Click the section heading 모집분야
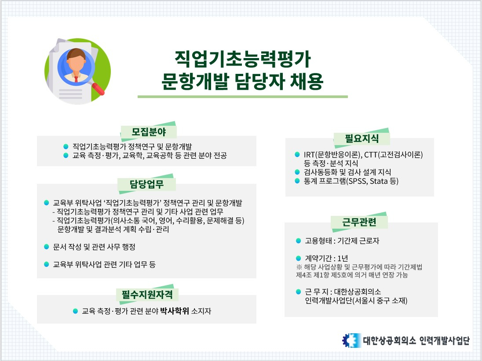(x=149, y=132)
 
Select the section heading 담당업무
(x=146, y=184)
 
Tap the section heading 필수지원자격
(x=147, y=294)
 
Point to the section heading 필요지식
(x=362, y=138)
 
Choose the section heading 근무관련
(x=359, y=222)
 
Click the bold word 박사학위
(x=175, y=311)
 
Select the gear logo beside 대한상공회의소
(x=351, y=340)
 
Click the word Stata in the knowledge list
(x=379, y=181)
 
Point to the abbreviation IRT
(x=309, y=154)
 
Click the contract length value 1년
(x=343, y=258)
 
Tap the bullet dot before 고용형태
(x=298, y=241)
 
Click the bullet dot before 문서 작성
(x=47, y=246)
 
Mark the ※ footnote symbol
(x=299, y=266)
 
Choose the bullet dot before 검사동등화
(x=297, y=172)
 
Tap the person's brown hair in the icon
(x=76, y=54)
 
